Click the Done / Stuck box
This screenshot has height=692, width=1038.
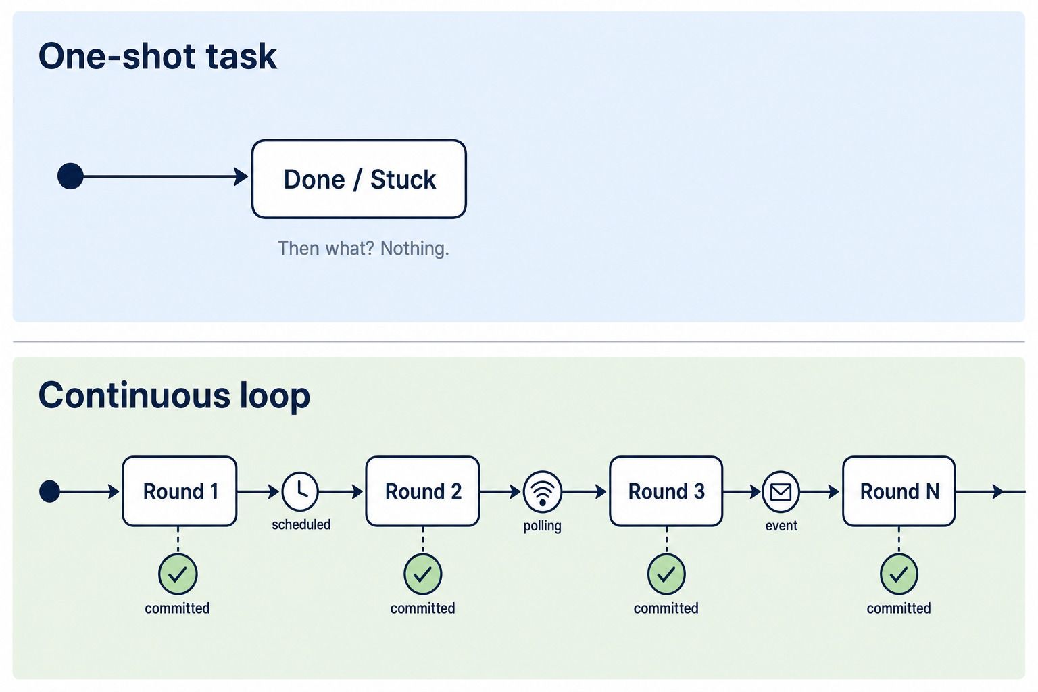point(359,179)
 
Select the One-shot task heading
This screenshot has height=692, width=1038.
point(157,56)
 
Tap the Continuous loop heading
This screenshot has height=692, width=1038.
point(174,395)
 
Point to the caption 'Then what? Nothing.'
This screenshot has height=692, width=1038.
point(364,249)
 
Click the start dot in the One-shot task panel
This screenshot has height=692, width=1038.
point(70,176)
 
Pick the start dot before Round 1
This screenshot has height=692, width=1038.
point(49,491)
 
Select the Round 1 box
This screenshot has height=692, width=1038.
point(180,491)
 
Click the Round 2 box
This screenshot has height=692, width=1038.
point(422,491)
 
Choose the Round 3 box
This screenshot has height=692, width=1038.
point(666,491)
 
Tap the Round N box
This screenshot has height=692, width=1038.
point(899,491)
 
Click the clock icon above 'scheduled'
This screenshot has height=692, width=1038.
point(300,491)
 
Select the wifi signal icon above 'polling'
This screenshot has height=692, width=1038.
point(543,491)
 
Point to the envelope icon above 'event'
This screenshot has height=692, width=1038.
point(781,491)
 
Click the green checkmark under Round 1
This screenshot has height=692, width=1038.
point(178,574)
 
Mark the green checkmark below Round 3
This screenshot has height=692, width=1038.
point(666,574)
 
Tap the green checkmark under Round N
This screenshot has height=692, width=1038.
point(899,574)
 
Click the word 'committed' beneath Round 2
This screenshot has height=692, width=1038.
point(422,608)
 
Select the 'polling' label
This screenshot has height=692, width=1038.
point(542,526)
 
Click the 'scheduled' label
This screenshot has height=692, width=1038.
point(301,524)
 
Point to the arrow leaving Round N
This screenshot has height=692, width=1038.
point(990,491)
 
